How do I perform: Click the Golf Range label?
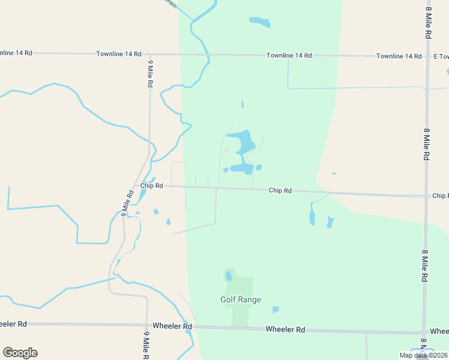pos(240,299)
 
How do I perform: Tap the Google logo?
pos(20,352)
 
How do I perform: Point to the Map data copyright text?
pos(423,355)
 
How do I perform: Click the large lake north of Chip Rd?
pos(245,144)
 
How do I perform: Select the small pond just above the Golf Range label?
pos(229,276)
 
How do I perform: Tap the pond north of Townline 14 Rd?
pos(261,23)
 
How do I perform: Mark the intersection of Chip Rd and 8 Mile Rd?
pos(427,196)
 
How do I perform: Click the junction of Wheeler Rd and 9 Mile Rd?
pos(147,325)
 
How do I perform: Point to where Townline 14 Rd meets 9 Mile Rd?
pos(149,54)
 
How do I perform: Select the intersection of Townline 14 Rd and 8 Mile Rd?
pos(427,56)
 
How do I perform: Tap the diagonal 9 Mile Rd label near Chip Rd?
pos(127,203)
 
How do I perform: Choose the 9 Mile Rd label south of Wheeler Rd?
pos(146,345)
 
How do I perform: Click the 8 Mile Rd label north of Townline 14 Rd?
pos(428,22)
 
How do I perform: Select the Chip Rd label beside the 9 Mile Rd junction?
pos(152,186)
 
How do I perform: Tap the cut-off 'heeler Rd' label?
pos(13,324)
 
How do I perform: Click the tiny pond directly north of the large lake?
pos(243,104)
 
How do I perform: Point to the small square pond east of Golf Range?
pos(276,310)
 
